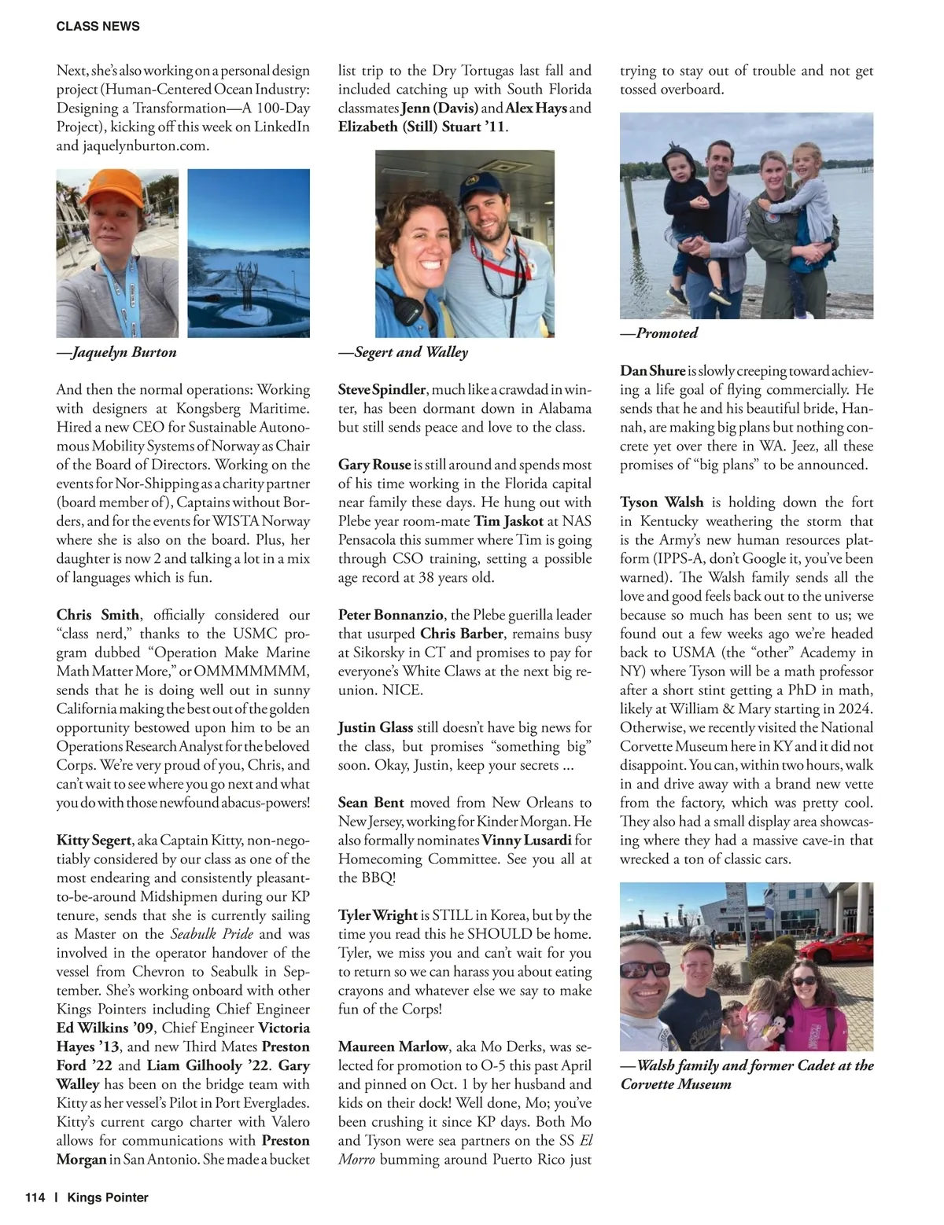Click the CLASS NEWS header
click(x=98, y=26)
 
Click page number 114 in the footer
click(x=35, y=1197)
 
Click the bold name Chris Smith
click(x=98, y=615)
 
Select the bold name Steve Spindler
click(x=382, y=389)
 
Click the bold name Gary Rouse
click(x=374, y=465)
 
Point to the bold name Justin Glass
click(x=375, y=727)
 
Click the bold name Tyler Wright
click(x=378, y=915)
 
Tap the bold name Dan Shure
click(x=652, y=370)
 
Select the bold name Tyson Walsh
click(x=662, y=502)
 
